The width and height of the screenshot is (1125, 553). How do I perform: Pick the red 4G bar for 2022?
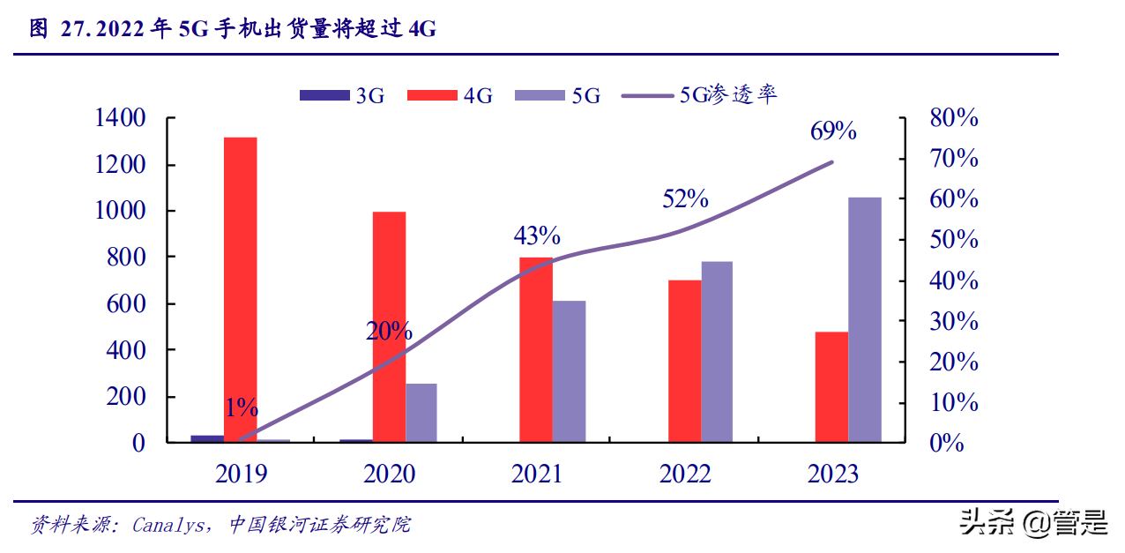(684, 361)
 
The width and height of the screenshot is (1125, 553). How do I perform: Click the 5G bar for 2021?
(570, 370)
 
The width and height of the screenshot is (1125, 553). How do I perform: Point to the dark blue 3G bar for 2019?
(207, 437)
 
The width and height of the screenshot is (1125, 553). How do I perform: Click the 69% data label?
(833, 131)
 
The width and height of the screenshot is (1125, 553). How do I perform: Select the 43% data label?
(537, 235)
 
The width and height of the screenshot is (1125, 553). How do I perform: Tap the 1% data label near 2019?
(241, 407)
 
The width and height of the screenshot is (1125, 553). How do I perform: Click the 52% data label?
(685, 198)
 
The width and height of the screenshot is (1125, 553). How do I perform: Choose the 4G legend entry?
(450, 95)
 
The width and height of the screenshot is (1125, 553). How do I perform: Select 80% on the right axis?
(954, 118)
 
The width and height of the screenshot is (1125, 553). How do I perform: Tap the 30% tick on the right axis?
(954, 321)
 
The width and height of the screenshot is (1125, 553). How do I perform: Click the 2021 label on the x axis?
(537, 475)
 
